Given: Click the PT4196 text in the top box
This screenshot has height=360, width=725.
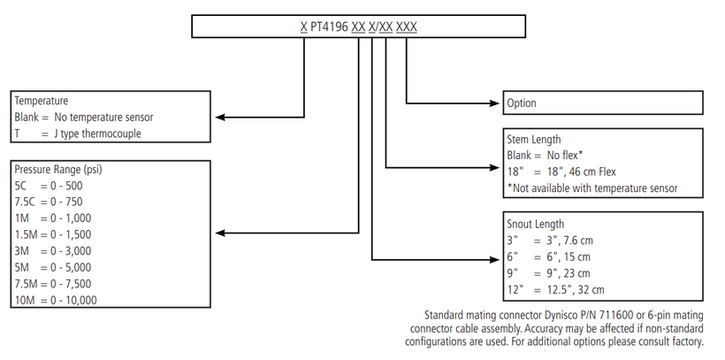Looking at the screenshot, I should tap(329, 27).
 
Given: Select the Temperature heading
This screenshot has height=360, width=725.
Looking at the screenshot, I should tap(42, 101).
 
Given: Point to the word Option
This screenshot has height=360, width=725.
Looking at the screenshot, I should tap(522, 103).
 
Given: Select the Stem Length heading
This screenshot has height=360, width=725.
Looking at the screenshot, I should tap(534, 139).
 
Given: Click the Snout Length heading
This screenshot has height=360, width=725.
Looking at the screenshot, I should tap(536, 224).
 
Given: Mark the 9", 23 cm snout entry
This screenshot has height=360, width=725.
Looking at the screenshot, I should tap(566, 273).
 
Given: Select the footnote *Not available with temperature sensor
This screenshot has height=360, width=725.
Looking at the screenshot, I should tap(591, 188).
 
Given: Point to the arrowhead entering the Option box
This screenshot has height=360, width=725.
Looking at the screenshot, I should tap(497, 103).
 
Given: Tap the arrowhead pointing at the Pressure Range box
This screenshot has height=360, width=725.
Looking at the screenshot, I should tap(219, 234).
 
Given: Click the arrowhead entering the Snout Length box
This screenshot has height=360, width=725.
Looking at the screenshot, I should tap(497, 258).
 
